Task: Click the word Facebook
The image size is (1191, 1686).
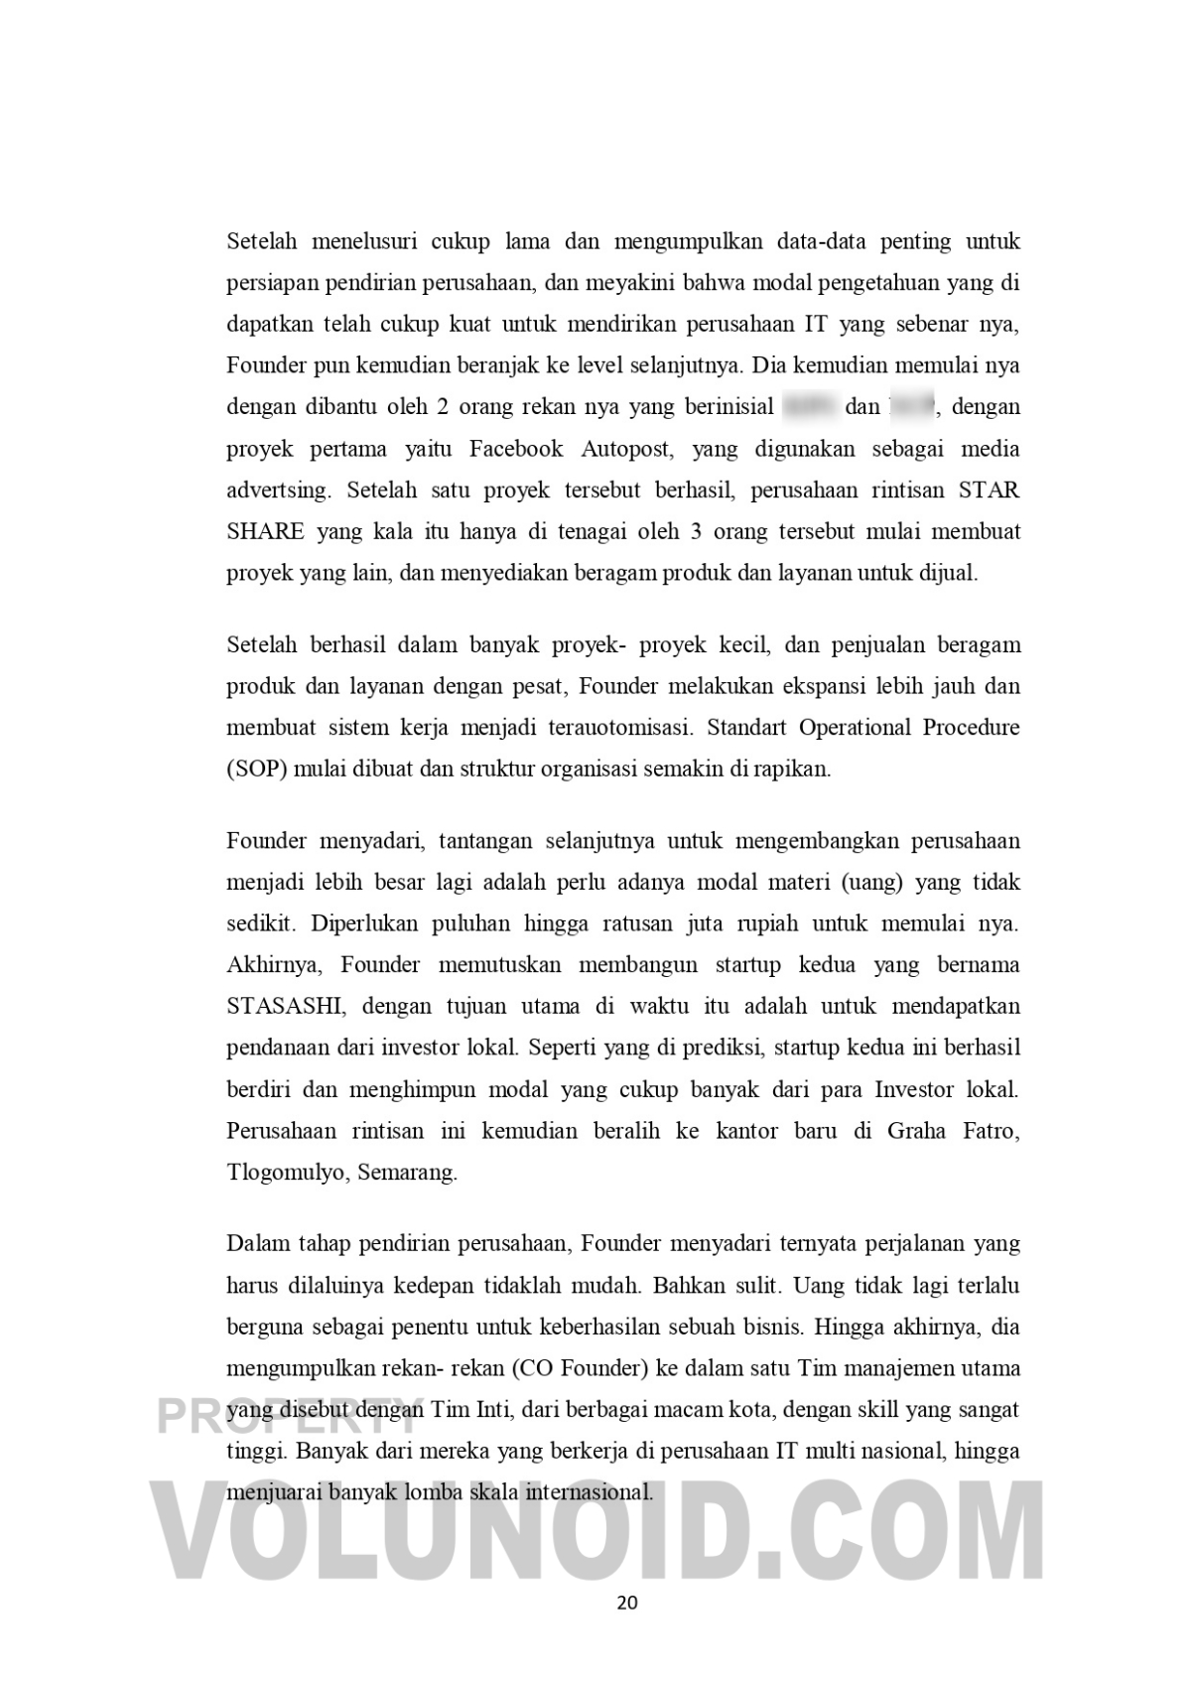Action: click(515, 449)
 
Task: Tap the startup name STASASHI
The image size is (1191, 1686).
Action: click(286, 1006)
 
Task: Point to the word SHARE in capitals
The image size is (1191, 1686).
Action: click(265, 531)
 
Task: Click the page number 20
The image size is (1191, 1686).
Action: click(626, 1602)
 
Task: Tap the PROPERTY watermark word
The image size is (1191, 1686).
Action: click(288, 1415)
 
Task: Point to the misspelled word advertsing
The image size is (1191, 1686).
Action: click(277, 491)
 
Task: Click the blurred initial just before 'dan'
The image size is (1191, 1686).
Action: click(806, 407)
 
